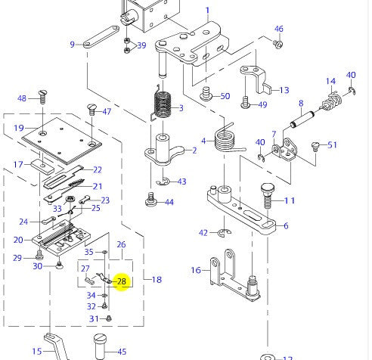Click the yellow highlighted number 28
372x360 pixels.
121,281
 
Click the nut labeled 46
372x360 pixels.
277,43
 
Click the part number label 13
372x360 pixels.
284,90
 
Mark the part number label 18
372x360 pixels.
157,280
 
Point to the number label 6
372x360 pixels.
285,225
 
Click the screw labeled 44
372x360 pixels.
151,201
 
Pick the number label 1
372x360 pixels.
207,11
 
